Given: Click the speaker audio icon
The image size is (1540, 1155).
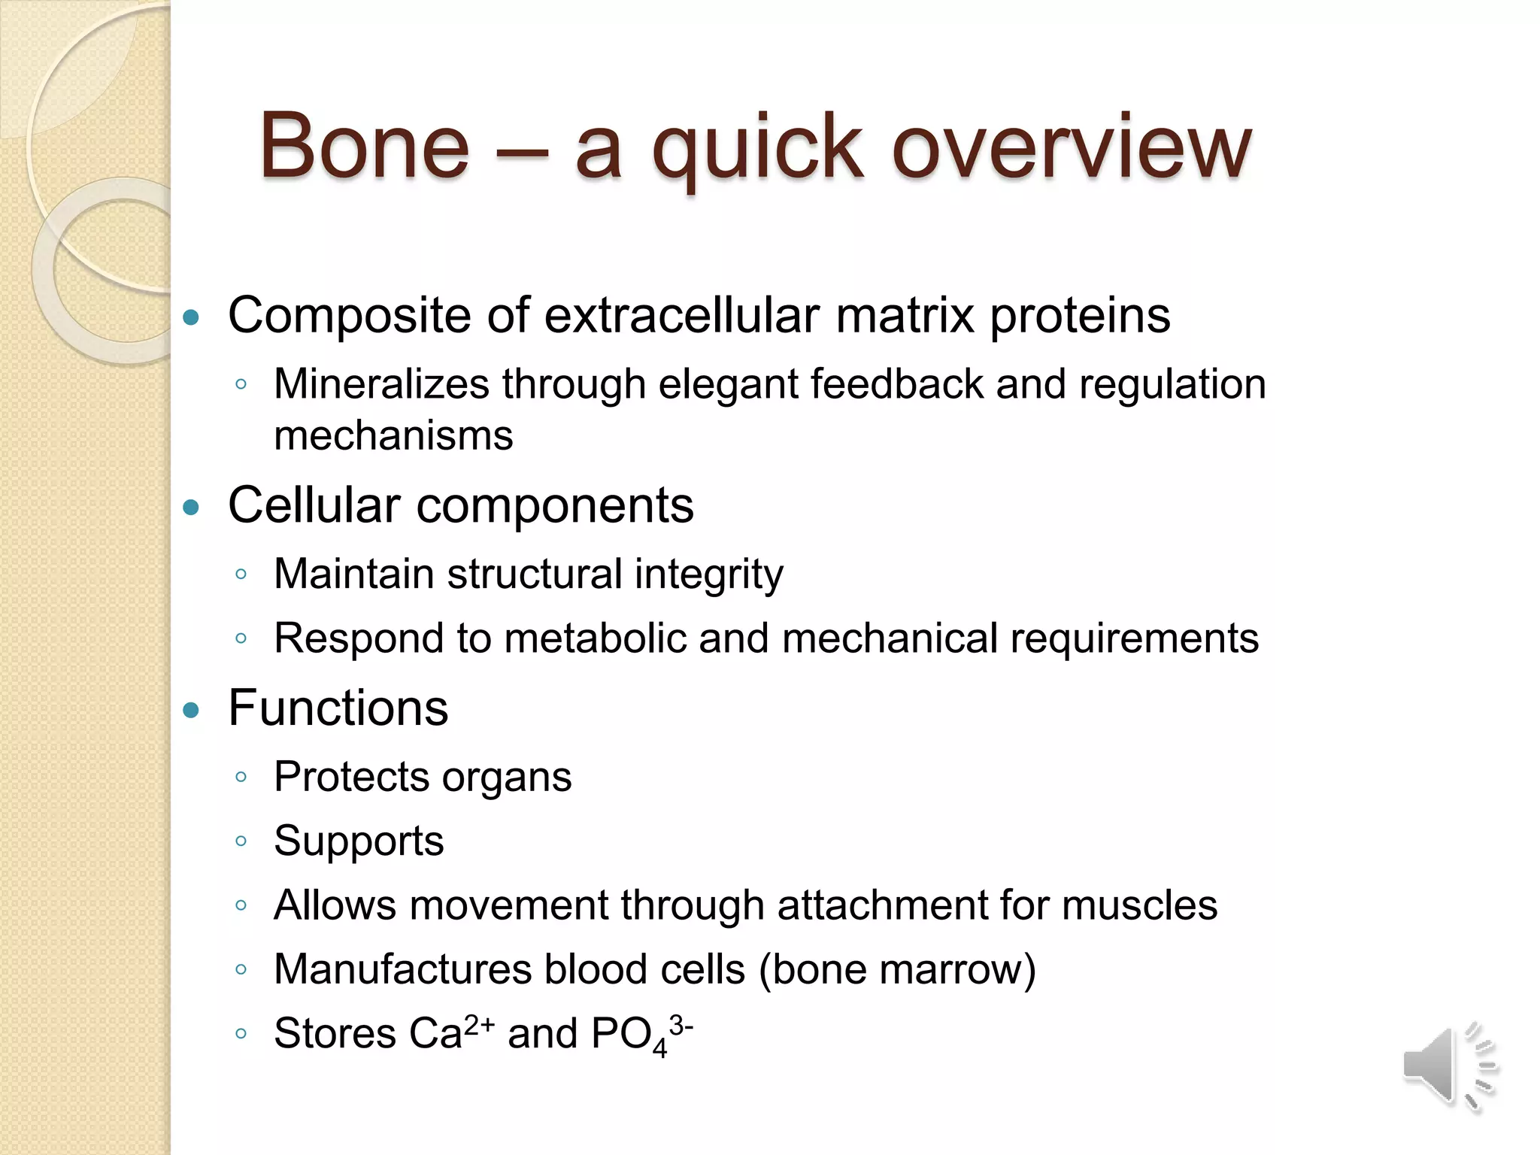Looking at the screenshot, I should point(1447,1066).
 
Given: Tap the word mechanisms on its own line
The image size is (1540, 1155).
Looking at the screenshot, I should point(393,436).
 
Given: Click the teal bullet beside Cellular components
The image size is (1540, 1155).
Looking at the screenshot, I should point(192,508).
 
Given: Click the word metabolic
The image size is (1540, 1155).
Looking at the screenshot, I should point(595,638).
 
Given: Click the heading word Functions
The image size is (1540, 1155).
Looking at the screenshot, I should point(338,708).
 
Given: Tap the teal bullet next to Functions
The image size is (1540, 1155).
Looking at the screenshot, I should point(192,710).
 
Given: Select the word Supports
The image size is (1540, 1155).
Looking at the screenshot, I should point(359,841).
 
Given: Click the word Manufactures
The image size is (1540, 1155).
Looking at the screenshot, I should point(402,969).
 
